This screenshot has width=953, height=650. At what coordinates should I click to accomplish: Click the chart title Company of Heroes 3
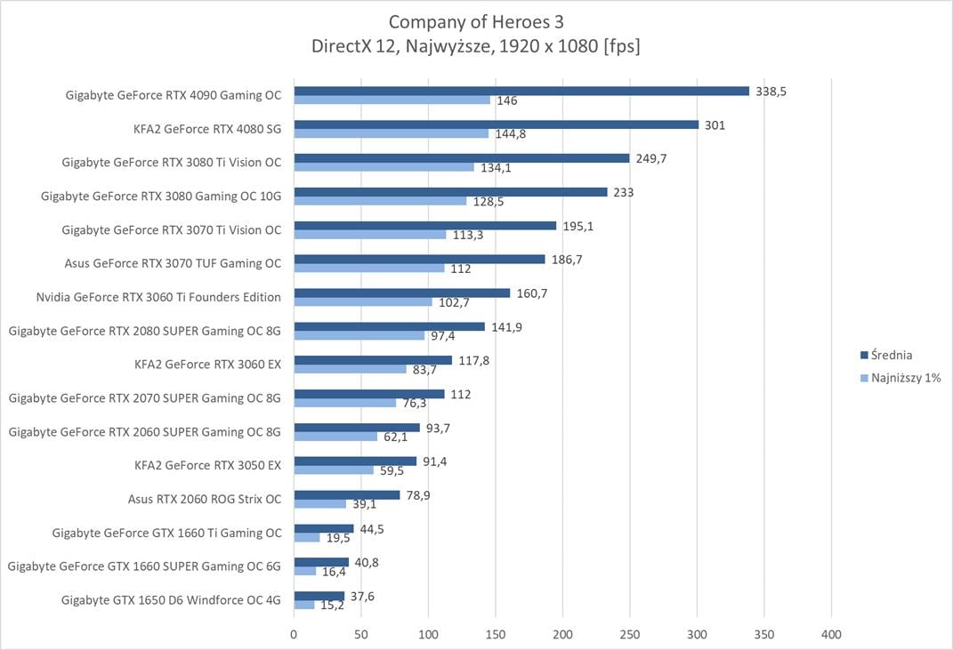click(x=475, y=20)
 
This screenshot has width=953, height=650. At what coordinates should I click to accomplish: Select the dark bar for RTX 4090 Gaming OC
click(x=521, y=91)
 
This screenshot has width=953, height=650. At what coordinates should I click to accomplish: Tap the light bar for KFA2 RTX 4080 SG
click(x=391, y=133)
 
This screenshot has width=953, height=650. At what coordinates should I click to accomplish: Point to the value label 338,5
click(x=771, y=92)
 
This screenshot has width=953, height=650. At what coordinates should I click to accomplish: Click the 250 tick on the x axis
click(x=630, y=635)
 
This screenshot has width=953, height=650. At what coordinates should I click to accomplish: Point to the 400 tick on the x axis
click(x=831, y=635)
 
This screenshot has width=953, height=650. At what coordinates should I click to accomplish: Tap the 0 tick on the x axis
click(x=294, y=635)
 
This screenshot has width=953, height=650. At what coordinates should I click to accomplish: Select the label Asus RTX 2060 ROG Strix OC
click(x=205, y=499)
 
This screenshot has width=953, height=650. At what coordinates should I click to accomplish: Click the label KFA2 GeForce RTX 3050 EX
click(x=207, y=465)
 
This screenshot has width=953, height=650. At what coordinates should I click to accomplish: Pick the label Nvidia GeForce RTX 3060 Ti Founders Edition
click(x=158, y=297)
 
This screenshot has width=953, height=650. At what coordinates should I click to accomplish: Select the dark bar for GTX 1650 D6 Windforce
click(x=319, y=596)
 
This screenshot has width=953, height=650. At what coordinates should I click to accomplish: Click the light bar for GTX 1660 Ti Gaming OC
click(x=307, y=537)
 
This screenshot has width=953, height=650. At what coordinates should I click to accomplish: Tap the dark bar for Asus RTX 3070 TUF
click(x=419, y=259)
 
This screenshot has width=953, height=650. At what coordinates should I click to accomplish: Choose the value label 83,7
click(x=424, y=370)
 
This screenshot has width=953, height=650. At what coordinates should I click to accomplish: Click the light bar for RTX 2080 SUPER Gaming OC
click(x=359, y=335)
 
